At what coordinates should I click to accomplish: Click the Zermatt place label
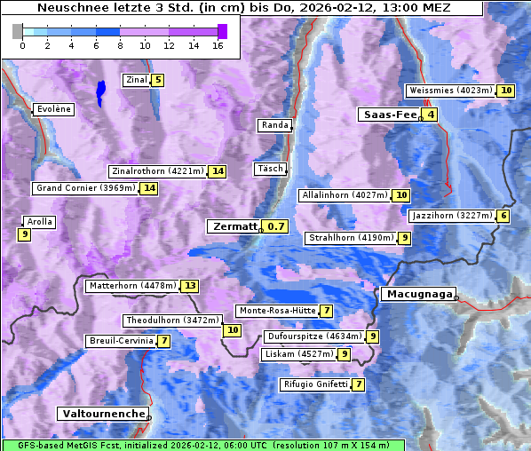click(234, 226)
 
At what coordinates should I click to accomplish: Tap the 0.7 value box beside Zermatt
click(277, 226)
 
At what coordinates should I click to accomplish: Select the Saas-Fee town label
click(388, 115)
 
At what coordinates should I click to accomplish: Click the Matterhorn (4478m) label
click(132, 286)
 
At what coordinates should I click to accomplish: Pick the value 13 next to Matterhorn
click(190, 286)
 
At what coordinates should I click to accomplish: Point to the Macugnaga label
click(418, 295)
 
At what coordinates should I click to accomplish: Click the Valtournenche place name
click(102, 414)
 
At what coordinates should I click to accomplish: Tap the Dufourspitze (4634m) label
click(314, 336)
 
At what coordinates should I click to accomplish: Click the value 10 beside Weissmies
click(505, 91)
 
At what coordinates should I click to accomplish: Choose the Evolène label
click(52, 109)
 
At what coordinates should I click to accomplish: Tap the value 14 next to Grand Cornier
click(149, 188)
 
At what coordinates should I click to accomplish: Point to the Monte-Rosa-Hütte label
click(276, 311)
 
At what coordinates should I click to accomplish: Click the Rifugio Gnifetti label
click(314, 384)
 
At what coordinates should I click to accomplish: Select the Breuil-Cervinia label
click(121, 341)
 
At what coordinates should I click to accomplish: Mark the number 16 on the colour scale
click(218, 45)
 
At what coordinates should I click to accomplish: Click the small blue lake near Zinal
click(100, 91)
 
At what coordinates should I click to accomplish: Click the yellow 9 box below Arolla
click(24, 234)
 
